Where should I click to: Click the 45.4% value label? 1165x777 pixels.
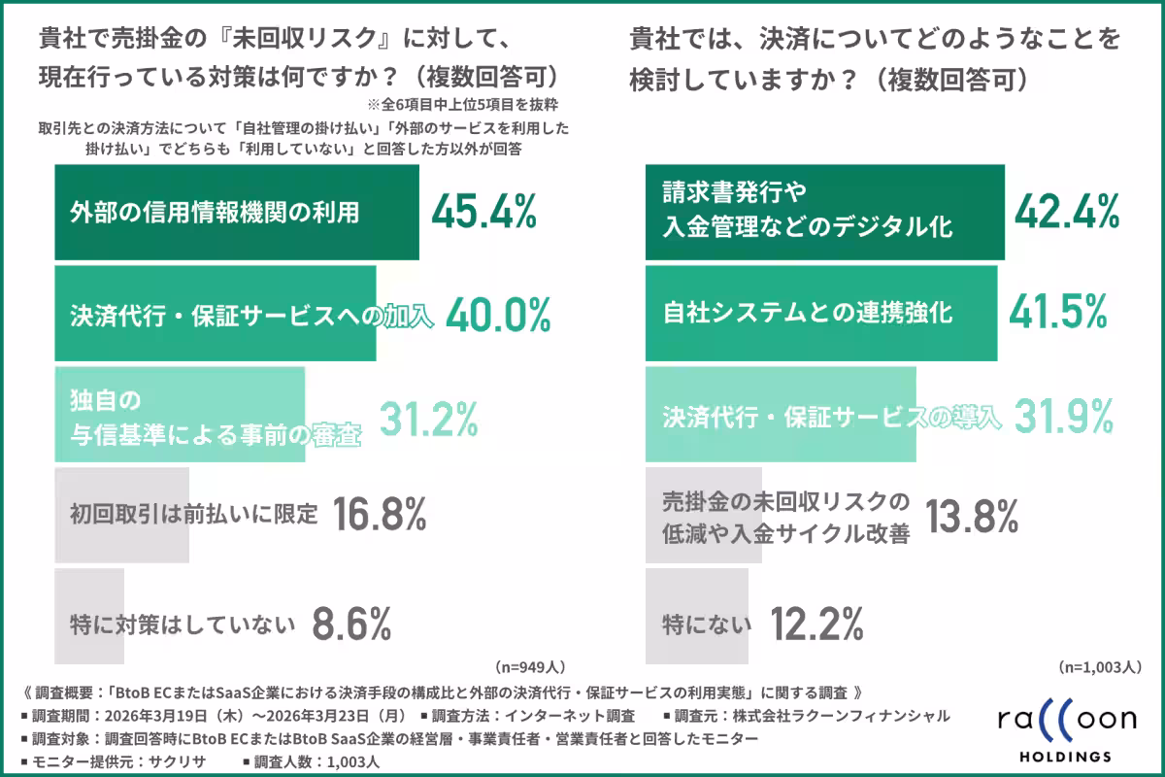[x=483, y=212]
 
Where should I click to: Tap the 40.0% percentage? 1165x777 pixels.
[x=498, y=315]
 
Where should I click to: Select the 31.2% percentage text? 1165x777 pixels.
[x=428, y=419]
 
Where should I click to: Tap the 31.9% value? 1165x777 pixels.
[x=1063, y=418]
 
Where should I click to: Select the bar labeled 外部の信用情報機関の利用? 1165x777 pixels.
[x=237, y=213]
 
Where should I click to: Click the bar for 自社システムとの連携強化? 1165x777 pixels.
[x=821, y=314]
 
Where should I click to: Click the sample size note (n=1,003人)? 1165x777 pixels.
[x=1097, y=667]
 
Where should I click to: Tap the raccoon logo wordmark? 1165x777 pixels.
[x=1066, y=721]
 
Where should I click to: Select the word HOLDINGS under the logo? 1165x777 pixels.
[x=1066, y=756]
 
